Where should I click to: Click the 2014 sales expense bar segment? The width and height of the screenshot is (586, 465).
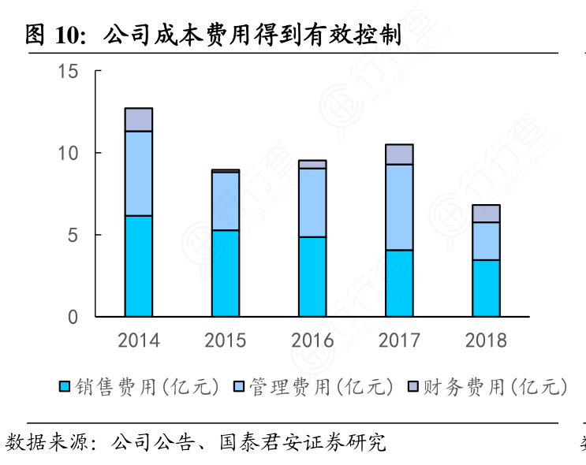[139, 266]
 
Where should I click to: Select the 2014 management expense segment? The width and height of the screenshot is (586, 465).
[139, 173]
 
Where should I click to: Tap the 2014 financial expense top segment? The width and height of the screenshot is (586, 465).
[139, 119]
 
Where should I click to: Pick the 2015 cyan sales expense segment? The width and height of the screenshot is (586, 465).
[226, 273]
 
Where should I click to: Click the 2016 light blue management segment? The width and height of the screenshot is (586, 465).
[312, 203]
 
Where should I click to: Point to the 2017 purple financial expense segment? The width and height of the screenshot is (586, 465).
[399, 154]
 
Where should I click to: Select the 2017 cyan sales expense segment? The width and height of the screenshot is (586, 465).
[399, 283]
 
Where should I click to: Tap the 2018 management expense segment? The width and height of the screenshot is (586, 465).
[486, 241]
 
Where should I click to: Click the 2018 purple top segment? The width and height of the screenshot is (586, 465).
[486, 214]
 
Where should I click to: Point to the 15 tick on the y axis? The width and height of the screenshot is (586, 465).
[69, 71]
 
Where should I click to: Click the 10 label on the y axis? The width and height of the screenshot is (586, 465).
[69, 153]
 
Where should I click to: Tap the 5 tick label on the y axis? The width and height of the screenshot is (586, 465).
[73, 235]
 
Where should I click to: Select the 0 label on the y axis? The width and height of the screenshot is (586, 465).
[73, 317]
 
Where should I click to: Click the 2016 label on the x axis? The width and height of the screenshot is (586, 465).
[312, 340]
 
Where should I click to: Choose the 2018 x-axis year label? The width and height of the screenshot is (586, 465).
[486, 340]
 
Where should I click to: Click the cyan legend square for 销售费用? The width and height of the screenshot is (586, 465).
[65, 386]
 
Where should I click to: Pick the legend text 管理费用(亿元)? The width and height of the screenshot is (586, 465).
[320, 386]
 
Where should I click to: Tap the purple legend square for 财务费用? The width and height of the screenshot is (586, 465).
[412, 386]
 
